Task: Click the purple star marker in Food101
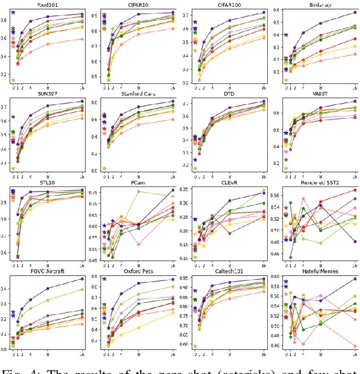tap(13, 12)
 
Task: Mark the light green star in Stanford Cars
tap(104, 168)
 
